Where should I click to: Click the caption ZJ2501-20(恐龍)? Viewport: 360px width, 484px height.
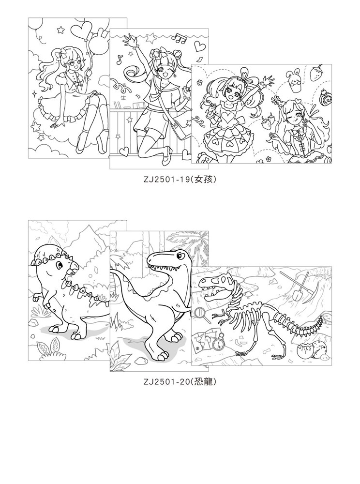point(180,382)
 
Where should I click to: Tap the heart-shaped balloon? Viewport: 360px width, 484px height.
point(81,31)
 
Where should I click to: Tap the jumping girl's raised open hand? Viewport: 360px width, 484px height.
point(127,40)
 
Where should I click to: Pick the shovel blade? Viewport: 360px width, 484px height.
point(296,295)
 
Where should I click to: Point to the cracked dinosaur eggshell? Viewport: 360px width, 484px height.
point(304,350)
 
